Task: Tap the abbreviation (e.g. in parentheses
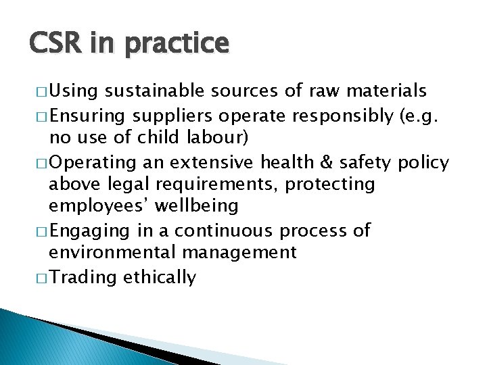[x=421, y=116]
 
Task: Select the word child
[x=160, y=139]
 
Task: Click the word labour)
[x=218, y=139]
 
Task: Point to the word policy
[x=443, y=163]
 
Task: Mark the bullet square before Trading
[x=39, y=278]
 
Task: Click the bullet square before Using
[x=39, y=91]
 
